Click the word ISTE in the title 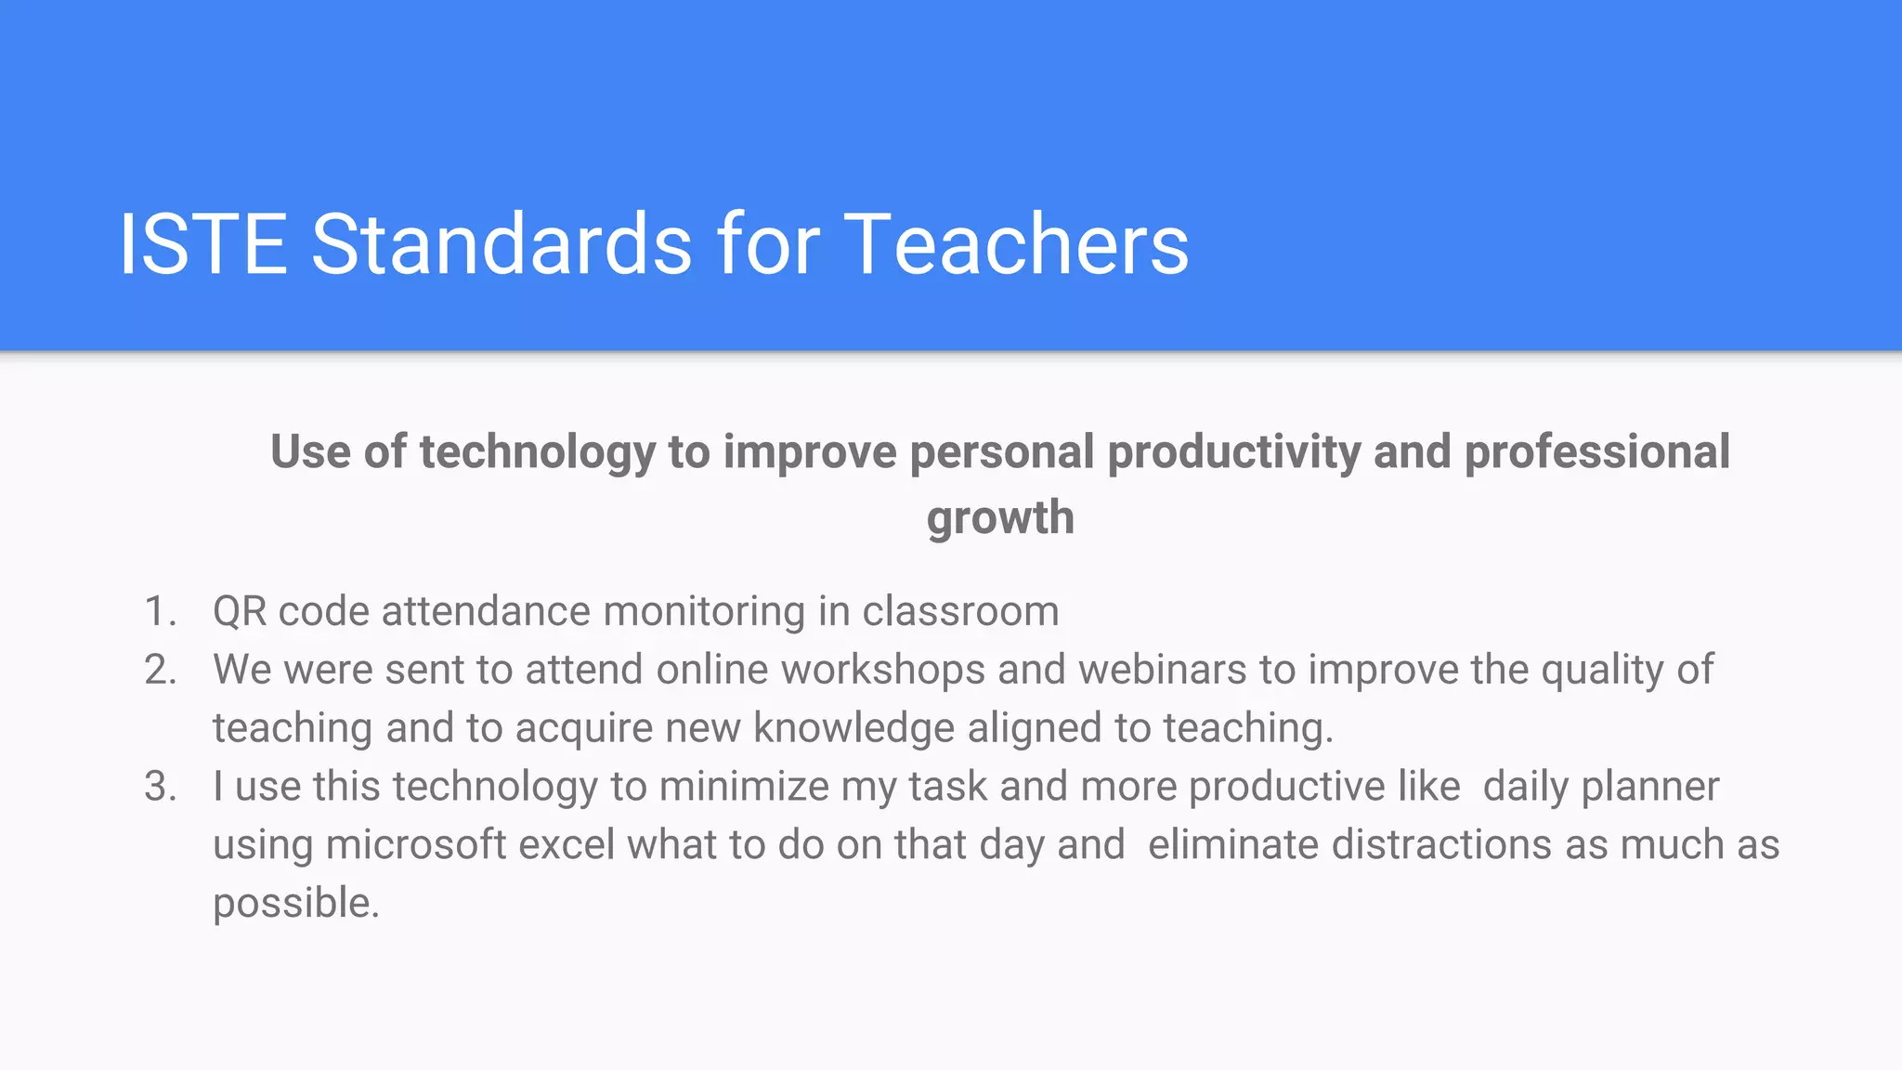point(203,244)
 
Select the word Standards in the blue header point(502,244)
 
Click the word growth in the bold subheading point(1000,518)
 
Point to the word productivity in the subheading point(1233,452)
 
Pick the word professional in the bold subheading point(1596,452)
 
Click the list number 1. point(160,612)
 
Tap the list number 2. point(160,671)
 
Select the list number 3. point(160,787)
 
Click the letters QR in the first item point(240,612)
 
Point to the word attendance point(486,612)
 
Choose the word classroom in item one point(960,612)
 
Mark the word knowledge point(853,728)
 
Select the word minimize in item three point(744,787)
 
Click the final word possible point(295,904)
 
